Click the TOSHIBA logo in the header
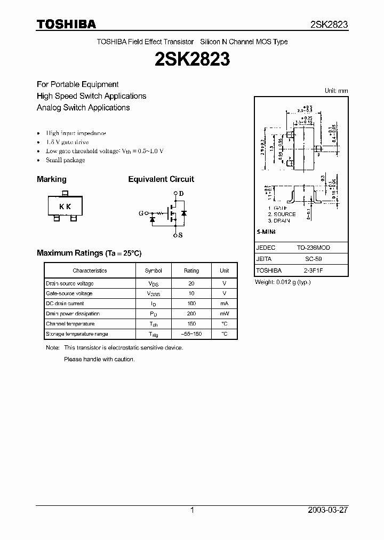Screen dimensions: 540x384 (66, 24)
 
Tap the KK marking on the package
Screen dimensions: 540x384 (65, 207)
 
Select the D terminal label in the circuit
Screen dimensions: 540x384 (181, 193)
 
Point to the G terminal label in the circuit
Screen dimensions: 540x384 (141, 213)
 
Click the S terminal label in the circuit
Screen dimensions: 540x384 (181, 235)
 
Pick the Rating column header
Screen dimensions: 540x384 (191, 271)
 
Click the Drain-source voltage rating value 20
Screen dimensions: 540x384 (191, 284)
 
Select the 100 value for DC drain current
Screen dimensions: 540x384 (191, 304)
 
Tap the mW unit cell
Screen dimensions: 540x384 (225, 314)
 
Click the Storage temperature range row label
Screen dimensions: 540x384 (77, 334)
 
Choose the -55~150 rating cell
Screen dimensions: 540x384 (191, 334)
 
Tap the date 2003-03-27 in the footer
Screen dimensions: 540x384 (327, 510)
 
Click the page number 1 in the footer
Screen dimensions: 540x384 (192, 510)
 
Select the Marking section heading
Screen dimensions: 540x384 (52, 179)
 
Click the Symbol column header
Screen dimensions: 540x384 (153, 271)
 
